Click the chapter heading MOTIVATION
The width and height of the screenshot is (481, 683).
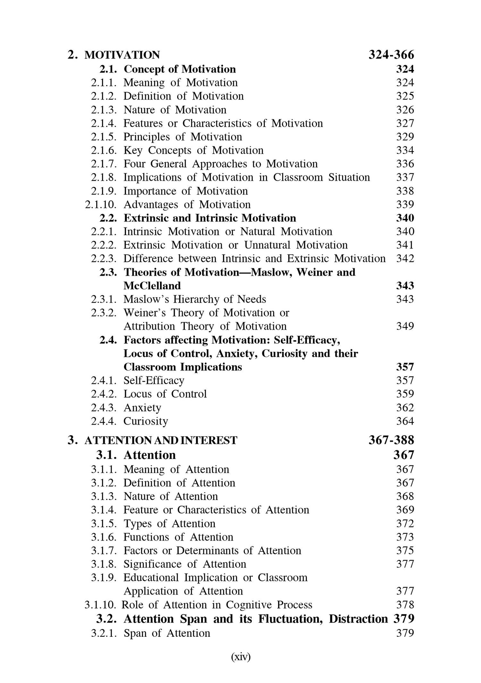122,55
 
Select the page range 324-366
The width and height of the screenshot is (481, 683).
391,55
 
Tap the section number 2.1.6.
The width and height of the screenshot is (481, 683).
104,150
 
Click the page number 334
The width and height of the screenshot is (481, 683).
405,150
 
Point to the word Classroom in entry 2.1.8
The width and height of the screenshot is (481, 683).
298,177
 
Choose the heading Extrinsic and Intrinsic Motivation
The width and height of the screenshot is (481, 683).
210,218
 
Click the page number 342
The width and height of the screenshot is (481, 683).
405,258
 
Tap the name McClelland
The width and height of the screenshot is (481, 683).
152,286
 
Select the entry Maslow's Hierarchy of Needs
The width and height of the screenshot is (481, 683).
195,299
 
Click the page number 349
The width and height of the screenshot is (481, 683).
405,326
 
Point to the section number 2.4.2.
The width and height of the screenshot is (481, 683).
104,394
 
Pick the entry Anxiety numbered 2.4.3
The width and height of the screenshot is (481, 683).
142,408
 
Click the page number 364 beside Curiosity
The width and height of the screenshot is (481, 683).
405,421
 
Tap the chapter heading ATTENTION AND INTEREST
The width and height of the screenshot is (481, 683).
161,440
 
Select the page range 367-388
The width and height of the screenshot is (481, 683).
391,440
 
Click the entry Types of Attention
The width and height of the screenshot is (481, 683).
169,523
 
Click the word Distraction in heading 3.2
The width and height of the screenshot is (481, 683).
358,619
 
